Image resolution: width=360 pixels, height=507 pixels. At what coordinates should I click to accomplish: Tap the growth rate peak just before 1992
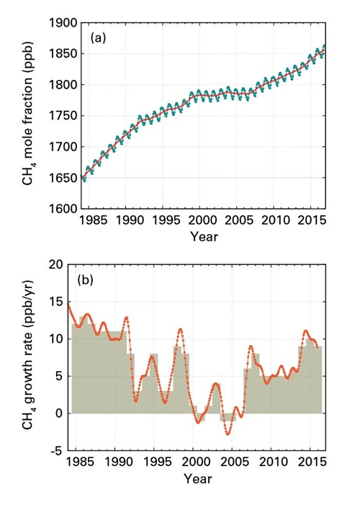127,317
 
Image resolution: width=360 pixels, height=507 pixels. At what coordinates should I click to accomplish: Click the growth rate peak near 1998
180,329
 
